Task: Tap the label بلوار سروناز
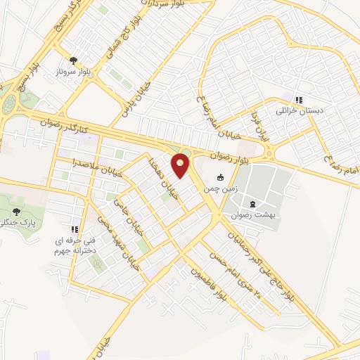73,72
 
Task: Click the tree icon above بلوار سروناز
73,60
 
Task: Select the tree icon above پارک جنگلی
17,211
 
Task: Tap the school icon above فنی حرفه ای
75,229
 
